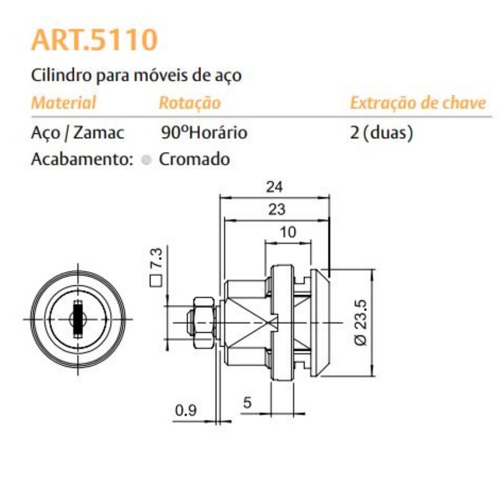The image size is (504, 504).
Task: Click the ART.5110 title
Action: pos(94,40)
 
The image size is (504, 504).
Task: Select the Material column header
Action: pos(63,102)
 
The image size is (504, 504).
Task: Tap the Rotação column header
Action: pos(189,103)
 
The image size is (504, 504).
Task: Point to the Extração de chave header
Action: pos(418,103)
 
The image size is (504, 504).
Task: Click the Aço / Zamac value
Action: pos(77,132)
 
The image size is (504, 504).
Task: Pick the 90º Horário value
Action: pos(204,132)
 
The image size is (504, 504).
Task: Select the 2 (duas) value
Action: pos(381,132)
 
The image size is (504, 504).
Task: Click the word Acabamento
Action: pos(82,159)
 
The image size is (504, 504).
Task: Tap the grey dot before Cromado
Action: pos(146,160)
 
